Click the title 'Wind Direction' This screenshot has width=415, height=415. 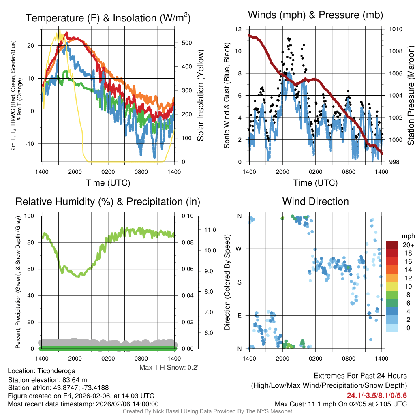[x=315, y=201]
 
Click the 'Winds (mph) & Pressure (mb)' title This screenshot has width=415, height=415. [x=315, y=15]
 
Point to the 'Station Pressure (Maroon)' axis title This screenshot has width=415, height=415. [x=410, y=96]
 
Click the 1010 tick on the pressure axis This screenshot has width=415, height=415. [x=395, y=29]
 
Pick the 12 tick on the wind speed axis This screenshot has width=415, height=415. [x=238, y=29]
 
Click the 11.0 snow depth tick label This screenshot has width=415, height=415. [x=210, y=230]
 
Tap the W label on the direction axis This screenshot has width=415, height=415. [x=239, y=249]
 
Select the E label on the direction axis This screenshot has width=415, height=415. [x=239, y=315]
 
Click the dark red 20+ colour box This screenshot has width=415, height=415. [x=393, y=245]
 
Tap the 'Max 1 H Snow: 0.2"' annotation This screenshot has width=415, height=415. [x=169, y=368]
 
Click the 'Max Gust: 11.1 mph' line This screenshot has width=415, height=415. [x=340, y=404]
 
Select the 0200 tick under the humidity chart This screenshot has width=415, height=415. [x=108, y=359]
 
